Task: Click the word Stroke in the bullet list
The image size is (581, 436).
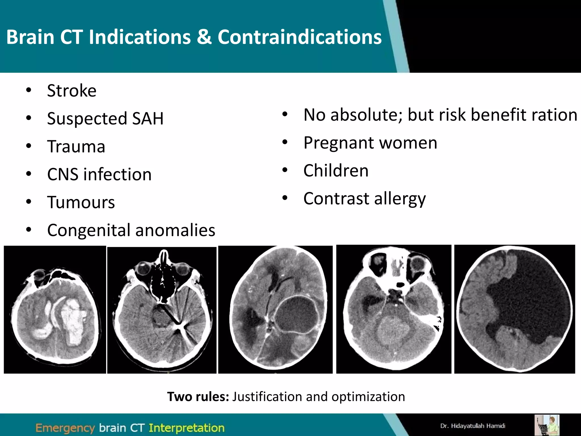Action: (x=71, y=91)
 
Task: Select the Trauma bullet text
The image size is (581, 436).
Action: (x=76, y=146)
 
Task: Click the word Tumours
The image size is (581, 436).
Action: (x=81, y=202)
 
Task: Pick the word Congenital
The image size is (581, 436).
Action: (x=88, y=230)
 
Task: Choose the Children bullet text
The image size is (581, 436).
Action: (x=336, y=171)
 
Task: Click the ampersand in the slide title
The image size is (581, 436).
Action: (x=204, y=37)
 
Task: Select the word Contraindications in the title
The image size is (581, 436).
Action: (x=300, y=37)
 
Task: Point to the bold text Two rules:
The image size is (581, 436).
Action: (x=198, y=397)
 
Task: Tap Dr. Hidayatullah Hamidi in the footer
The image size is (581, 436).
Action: (x=473, y=426)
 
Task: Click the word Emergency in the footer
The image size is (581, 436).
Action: (x=65, y=428)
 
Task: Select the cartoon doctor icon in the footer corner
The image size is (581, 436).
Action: (x=547, y=425)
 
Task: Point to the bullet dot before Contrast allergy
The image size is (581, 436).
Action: (x=285, y=198)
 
